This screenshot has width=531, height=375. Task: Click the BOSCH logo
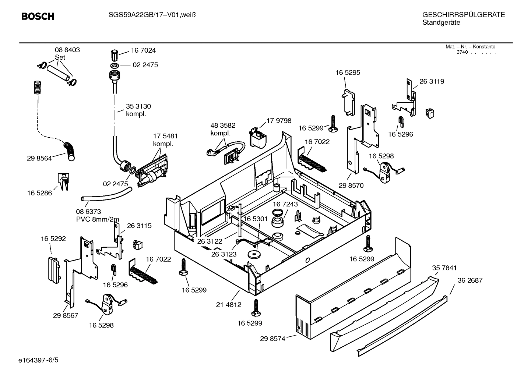coord(38,17)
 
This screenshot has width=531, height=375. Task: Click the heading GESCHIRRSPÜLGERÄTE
coord(463,15)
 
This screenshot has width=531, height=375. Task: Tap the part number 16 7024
coord(143,50)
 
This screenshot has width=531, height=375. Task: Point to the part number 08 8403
coord(67,50)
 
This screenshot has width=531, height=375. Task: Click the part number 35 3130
coord(138,106)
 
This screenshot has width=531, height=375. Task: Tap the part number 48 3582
coord(223,125)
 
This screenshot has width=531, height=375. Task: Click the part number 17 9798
coord(279,121)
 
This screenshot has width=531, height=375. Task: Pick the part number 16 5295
coord(348,73)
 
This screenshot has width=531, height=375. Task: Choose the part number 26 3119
coord(432,82)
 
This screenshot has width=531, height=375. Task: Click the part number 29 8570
coord(351,185)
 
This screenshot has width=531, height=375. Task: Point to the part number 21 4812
coord(229,304)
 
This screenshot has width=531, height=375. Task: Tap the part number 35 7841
coord(444,268)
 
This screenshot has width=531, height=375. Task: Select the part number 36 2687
coord(470,280)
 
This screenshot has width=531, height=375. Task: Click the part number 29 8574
coord(272,339)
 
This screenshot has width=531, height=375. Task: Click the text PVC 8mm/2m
coord(98,219)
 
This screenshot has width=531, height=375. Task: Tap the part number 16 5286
coord(39,193)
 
